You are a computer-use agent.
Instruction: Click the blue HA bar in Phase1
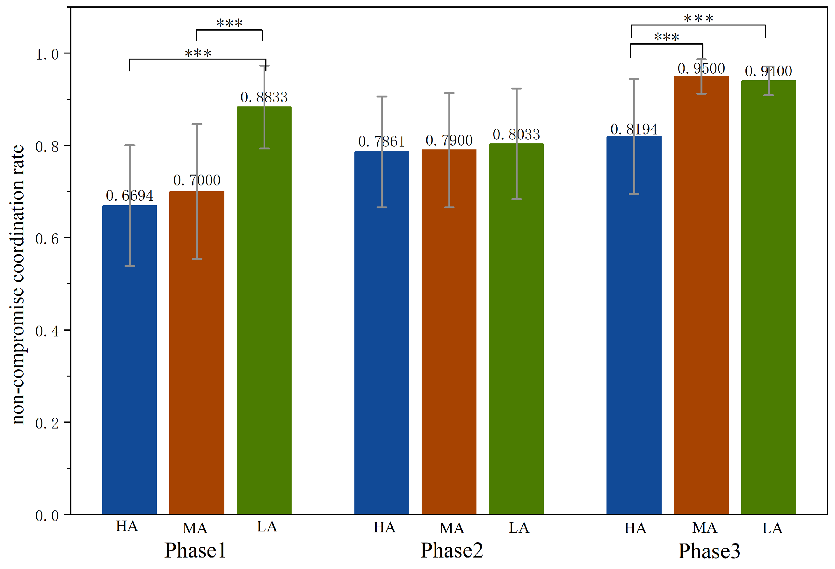129,359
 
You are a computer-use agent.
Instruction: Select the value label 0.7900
449,140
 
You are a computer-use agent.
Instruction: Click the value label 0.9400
768,71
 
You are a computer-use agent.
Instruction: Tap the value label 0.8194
634,129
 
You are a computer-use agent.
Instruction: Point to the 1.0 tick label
47,54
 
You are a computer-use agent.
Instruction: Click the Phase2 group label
452,551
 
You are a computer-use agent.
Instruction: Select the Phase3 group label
709,551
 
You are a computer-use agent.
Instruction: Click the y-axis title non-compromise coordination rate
18,284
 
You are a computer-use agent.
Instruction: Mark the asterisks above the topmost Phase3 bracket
698,18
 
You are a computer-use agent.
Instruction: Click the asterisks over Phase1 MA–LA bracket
229,23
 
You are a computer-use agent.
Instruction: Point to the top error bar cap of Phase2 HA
381,97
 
